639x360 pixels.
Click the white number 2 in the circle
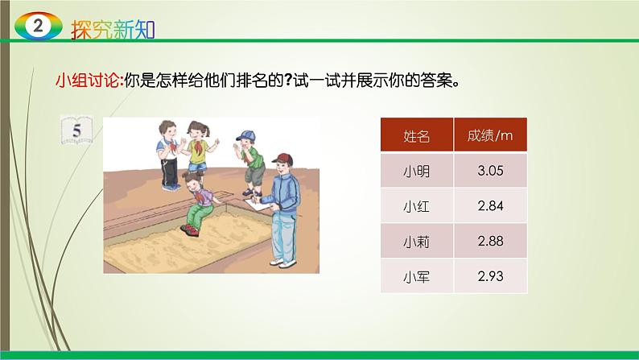35,27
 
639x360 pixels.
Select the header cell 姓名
416,136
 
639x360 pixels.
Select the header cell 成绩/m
489,135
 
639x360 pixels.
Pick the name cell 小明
416,171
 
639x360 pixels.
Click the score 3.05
489,171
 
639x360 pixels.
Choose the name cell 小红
416,206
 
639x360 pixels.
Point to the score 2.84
489,206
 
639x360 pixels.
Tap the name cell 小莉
416,242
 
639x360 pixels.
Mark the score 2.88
489,242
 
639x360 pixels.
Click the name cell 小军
416,277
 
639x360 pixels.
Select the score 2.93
489,277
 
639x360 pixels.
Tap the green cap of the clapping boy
245,134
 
